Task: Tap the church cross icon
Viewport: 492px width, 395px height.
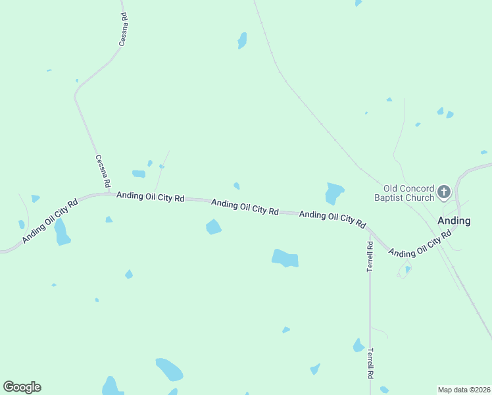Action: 444,192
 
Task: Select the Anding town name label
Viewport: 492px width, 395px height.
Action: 455,221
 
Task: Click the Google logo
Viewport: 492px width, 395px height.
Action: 22,387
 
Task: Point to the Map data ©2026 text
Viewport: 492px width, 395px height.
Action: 464,390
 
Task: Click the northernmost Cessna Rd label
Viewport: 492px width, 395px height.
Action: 123,29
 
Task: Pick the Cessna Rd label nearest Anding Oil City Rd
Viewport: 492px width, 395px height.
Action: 102,170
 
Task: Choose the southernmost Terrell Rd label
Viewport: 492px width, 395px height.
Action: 370,362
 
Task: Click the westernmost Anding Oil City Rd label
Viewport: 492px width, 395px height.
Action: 50,221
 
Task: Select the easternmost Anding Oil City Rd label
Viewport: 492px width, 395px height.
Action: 420,243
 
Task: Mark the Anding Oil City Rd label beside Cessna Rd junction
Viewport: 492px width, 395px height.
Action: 150,196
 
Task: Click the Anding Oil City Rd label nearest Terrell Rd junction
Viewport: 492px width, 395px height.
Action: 332,219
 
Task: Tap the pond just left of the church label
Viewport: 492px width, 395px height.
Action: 334,193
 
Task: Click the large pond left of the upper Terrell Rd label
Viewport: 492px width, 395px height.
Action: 285,257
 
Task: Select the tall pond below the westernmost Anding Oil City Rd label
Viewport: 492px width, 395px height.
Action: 62,232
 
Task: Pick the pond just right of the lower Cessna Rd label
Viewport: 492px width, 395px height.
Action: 139,174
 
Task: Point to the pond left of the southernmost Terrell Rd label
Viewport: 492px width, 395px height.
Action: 358,345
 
